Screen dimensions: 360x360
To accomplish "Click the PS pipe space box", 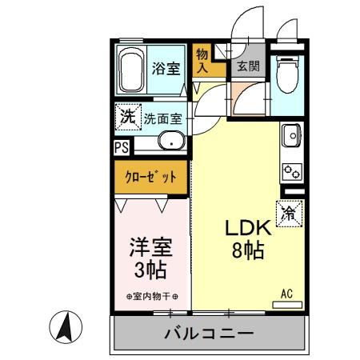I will point(120,147).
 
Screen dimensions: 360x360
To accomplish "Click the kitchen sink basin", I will point(290,138).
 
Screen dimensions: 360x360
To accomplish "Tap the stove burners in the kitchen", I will point(290,170).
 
